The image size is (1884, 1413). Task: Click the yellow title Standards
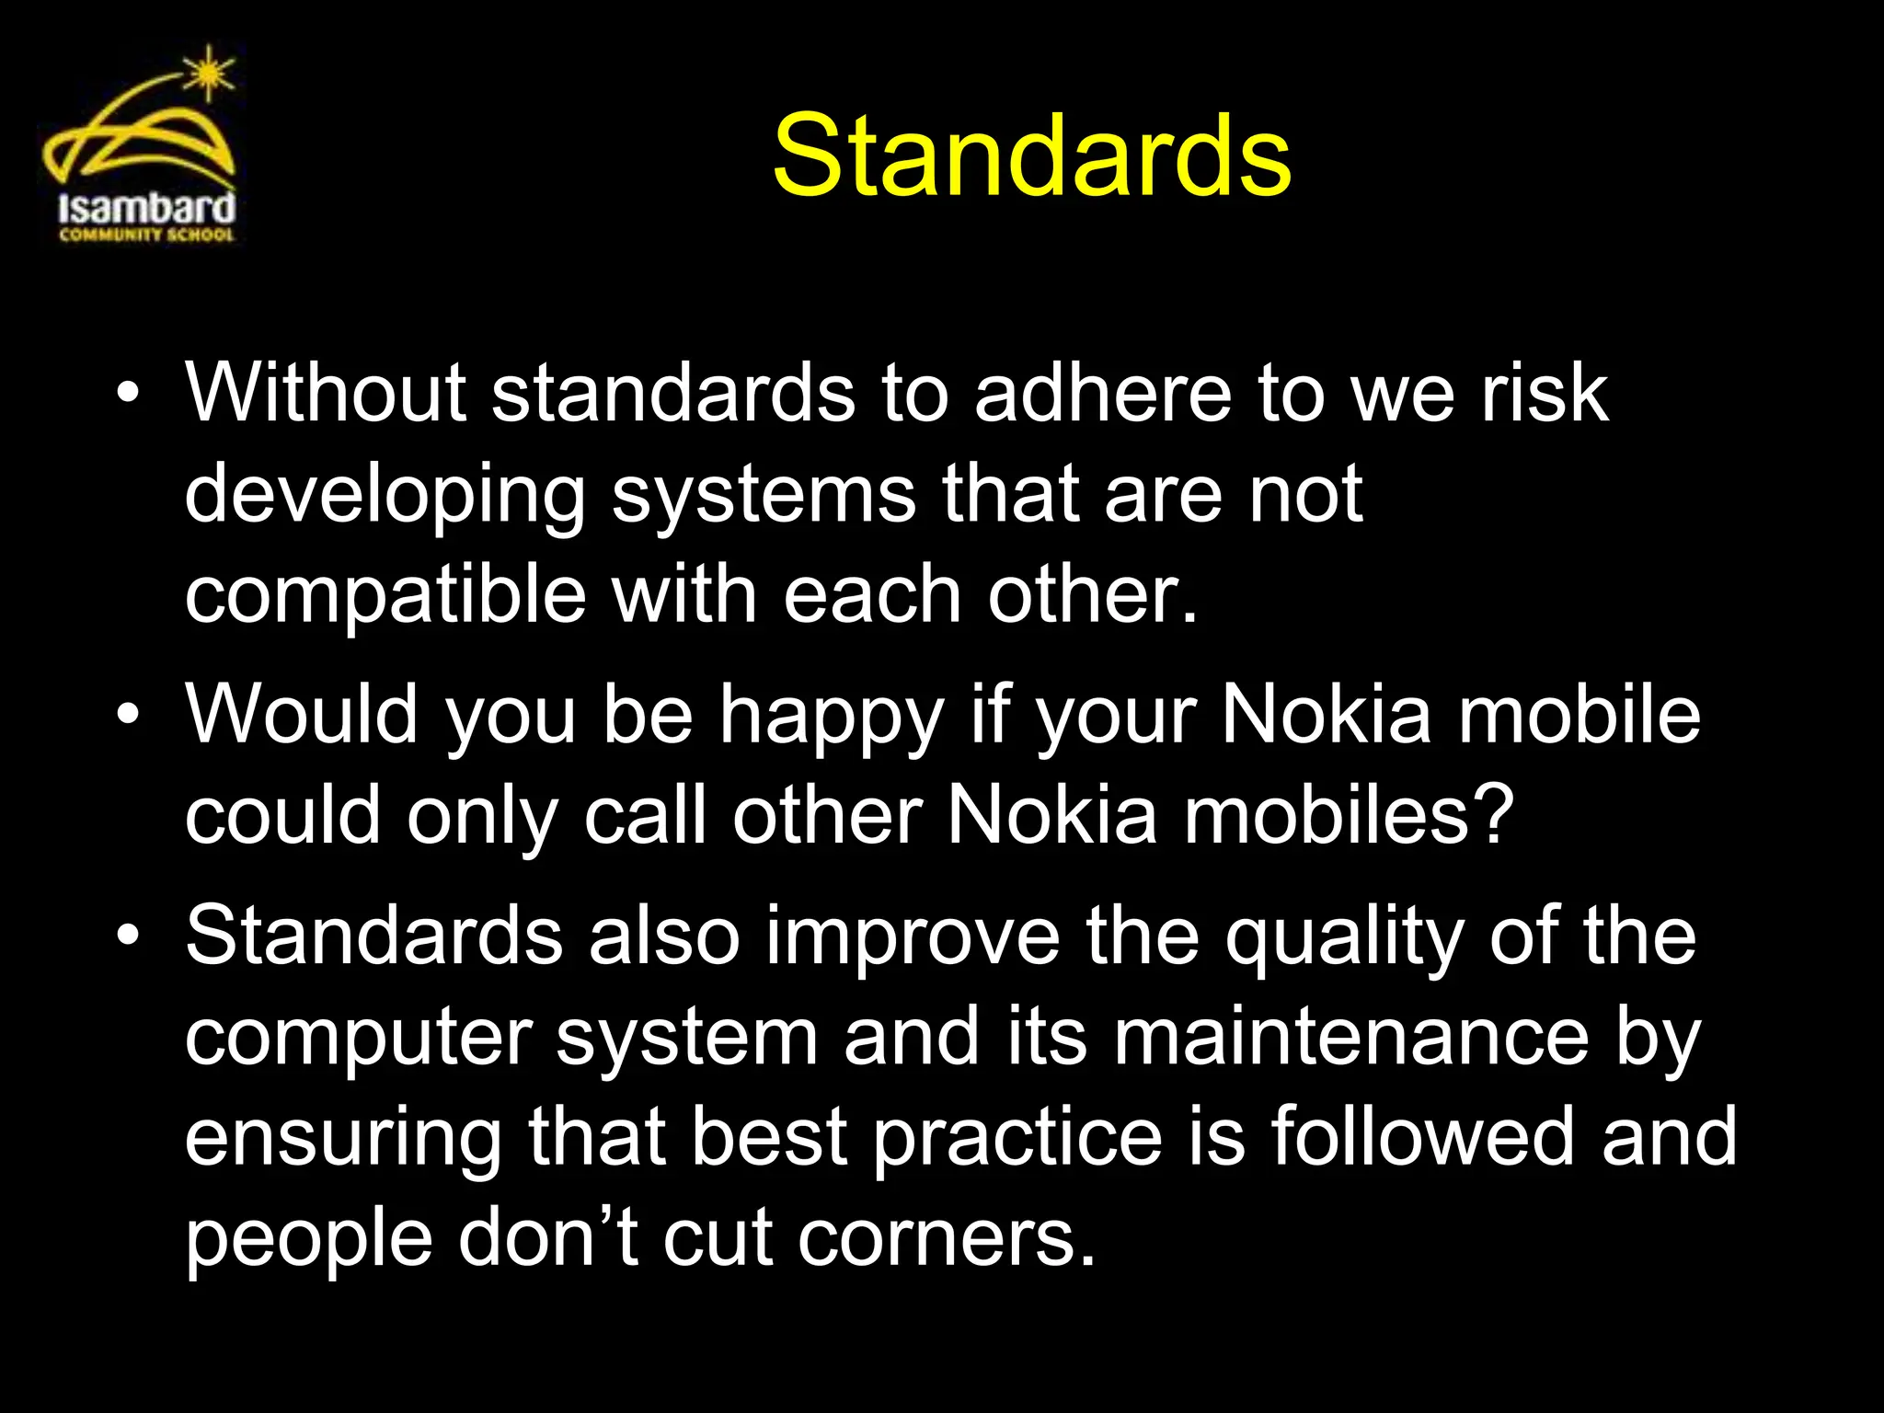[x=1031, y=155]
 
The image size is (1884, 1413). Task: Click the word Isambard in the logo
[x=146, y=208]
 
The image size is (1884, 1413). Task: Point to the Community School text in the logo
[x=146, y=235]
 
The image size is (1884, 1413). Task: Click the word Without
[x=326, y=393]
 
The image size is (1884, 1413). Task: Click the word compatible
[x=385, y=595]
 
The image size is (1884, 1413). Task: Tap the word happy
[x=832, y=718]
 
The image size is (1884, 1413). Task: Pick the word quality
[x=1344, y=938]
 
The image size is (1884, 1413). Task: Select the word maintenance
[x=1351, y=1037]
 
